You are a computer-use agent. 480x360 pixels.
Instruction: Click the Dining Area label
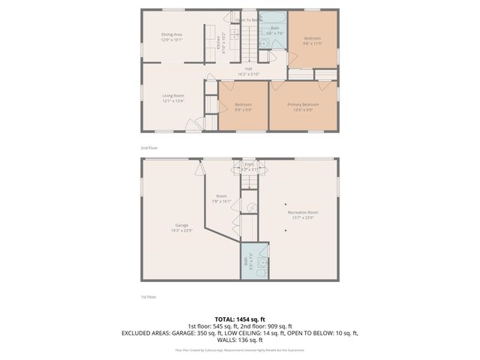tap(172, 34)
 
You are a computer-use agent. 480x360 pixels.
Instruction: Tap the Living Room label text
tap(174, 95)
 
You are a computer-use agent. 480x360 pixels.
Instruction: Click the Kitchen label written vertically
tap(218, 43)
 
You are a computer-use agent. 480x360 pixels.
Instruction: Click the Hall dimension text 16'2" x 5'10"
tap(247, 74)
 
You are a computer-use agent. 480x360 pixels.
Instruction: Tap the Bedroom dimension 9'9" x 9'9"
tap(242, 109)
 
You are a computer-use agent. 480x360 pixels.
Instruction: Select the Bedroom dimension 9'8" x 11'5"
tap(312, 43)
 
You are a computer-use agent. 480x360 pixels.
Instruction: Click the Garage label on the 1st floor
tap(181, 225)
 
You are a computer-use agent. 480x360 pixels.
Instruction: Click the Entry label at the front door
tap(248, 163)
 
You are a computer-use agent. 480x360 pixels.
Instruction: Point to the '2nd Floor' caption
tap(149, 148)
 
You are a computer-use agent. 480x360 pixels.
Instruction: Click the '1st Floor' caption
tap(149, 297)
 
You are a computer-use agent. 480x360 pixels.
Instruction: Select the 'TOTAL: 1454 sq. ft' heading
tap(239, 319)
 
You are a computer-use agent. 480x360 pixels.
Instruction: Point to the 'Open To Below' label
tap(249, 20)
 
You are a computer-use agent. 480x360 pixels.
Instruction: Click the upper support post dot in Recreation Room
tap(285, 202)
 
